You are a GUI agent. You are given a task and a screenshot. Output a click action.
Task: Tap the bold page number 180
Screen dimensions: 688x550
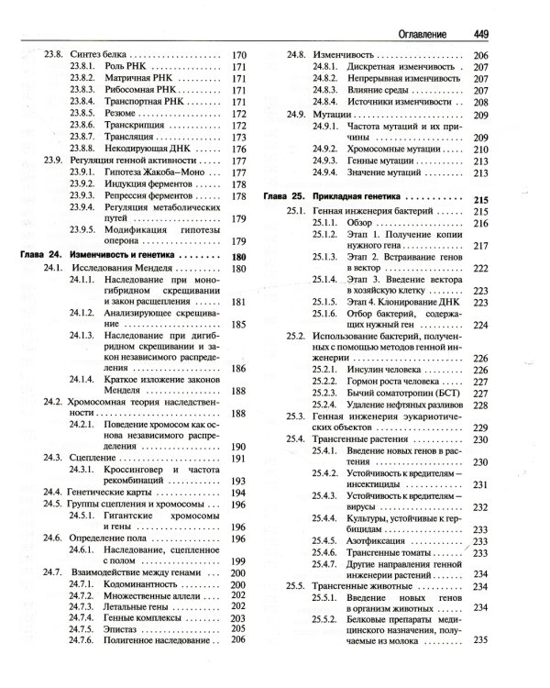240,257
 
